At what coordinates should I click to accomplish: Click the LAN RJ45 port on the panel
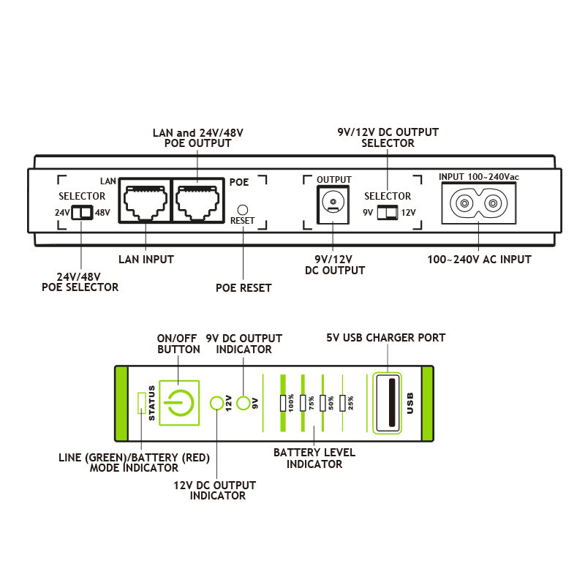(x=144, y=200)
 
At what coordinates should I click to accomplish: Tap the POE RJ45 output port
(x=198, y=200)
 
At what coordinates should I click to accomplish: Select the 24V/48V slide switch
(x=82, y=213)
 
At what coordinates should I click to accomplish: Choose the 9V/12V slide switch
(x=388, y=212)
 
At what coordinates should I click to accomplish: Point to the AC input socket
(x=479, y=203)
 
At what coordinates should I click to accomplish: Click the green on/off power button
(x=179, y=401)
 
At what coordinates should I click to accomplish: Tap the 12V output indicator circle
(x=217, y=403)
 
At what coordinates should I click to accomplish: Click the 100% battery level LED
(x=282, y=402)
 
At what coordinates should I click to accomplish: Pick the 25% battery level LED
(x=342, y=402)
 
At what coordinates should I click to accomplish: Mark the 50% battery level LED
(x=322, y=402)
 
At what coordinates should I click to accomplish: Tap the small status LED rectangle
(x=142, y=402)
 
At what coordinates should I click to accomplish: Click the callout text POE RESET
(x=244, y=288)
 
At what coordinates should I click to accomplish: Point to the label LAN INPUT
(x=146, y=259)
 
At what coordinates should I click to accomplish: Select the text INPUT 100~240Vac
(x=478, y=177)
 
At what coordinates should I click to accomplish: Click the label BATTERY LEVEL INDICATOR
(x=314, y=458)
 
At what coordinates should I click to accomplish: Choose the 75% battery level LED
(x=302, y=402)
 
